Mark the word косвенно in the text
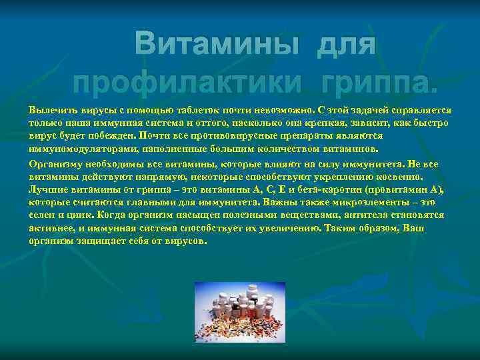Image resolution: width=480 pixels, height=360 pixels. click(399, 177)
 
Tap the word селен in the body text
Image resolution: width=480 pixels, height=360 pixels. click(41, 215)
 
